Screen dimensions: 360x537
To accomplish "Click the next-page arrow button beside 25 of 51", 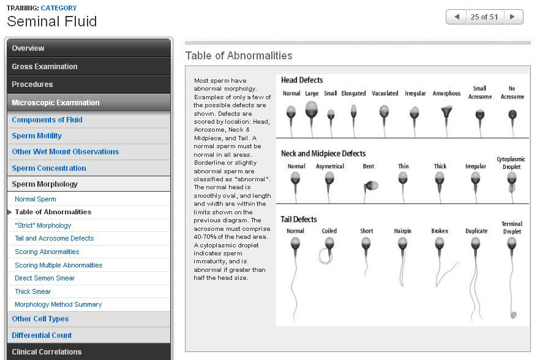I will pos(513,17).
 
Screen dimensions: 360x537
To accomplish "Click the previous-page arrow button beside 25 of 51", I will pos(456,17).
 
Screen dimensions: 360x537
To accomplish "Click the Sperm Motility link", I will pos(37,136).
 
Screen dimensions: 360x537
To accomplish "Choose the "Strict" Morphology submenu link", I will pos(43,225).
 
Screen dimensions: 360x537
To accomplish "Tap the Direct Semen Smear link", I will pos(45,278).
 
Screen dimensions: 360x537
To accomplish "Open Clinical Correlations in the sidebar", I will pos(47,352).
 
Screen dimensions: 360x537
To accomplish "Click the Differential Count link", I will pos(42,336).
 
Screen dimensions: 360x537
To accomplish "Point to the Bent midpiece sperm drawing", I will pos(369,184).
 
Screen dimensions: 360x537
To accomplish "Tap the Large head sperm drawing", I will pos(312,113).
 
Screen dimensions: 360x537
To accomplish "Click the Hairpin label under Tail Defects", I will pos(403,231).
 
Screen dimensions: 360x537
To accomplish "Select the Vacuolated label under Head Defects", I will pos(386,94).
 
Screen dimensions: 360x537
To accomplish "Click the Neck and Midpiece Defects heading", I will pos(323,153).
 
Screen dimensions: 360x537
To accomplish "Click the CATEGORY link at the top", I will pos(59,8).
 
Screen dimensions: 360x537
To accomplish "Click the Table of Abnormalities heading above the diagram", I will pos(239,56).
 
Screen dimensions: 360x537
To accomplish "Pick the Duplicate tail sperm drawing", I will pos(476,263).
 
